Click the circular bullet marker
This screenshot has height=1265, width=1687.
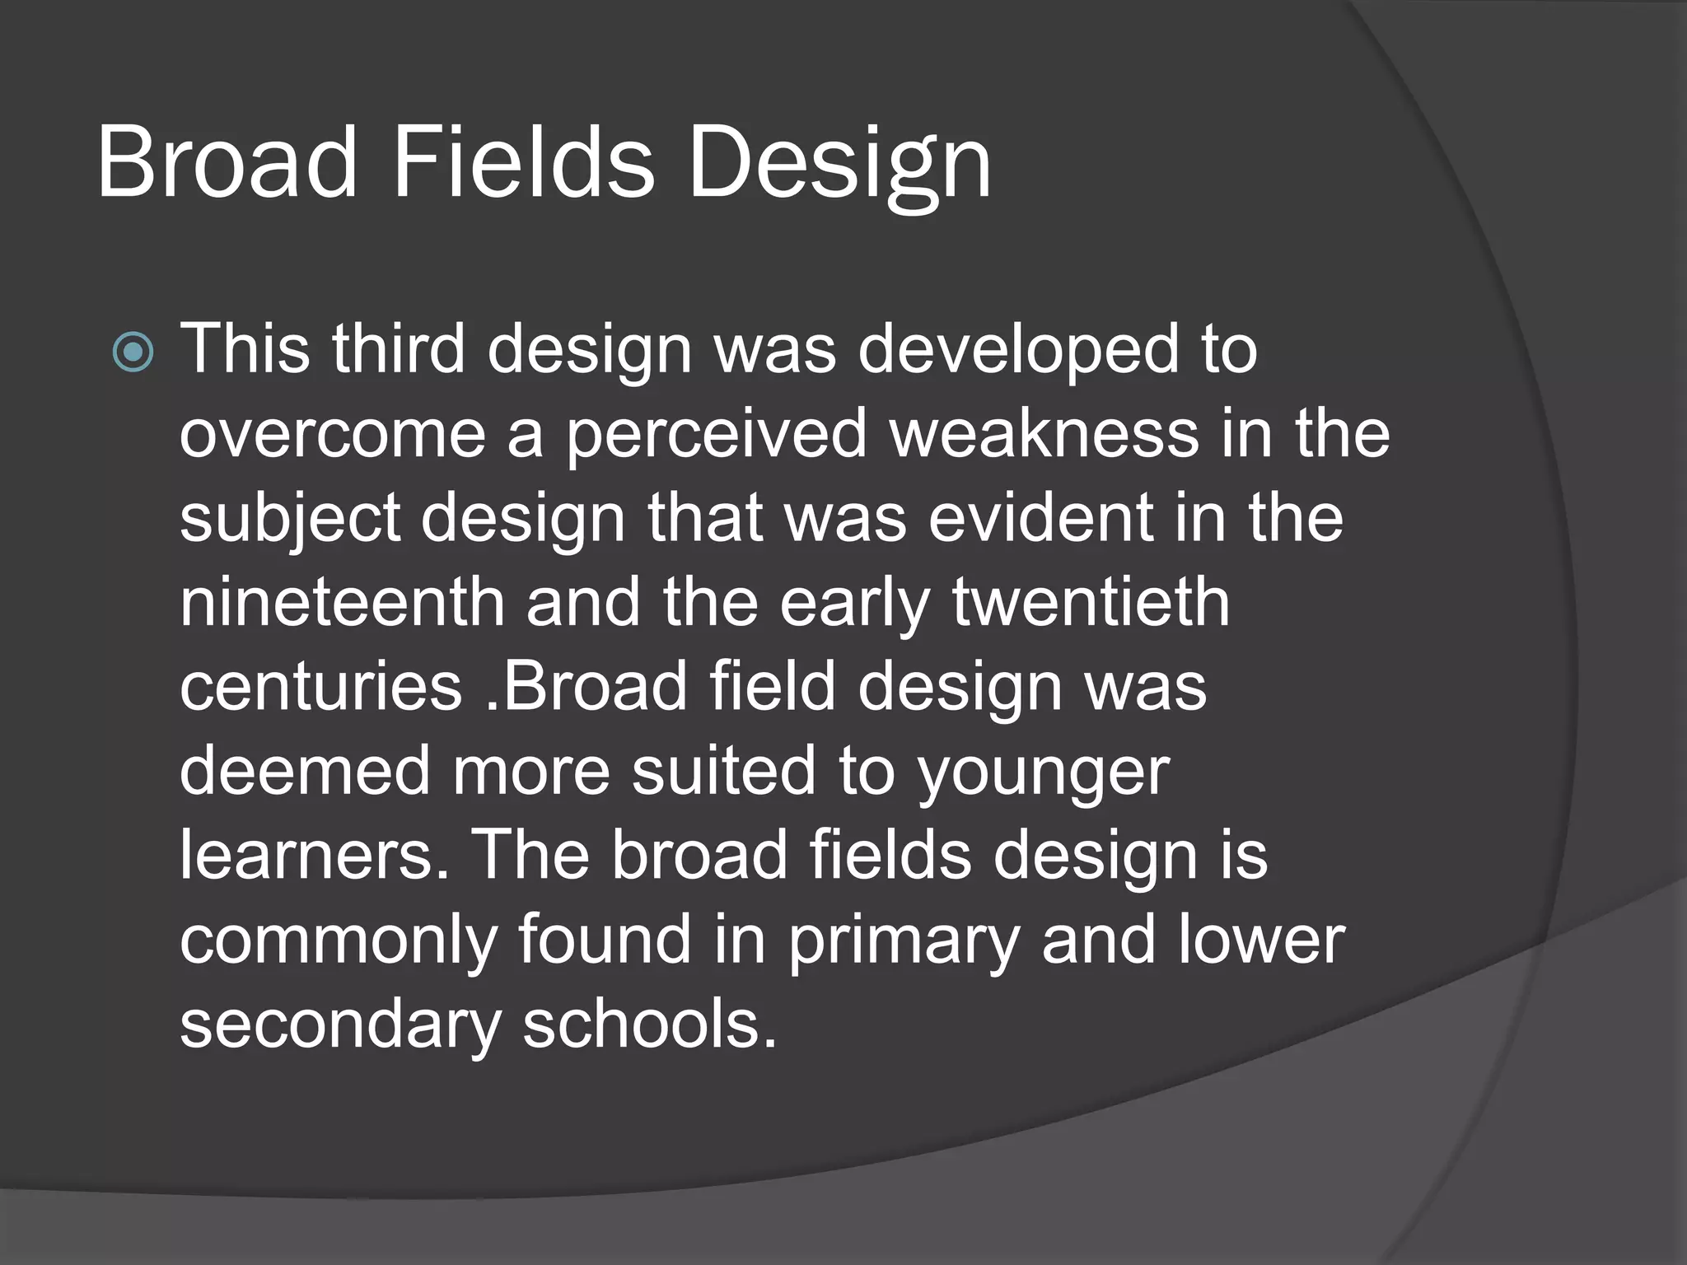click(x=133, y=352)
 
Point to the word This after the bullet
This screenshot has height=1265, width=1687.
click(x=245, y=349)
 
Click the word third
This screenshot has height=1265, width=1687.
click(x=399, y=349)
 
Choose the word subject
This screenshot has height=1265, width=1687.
click(x=290, y=520)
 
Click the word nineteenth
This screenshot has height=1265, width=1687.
click(x=342, y=603)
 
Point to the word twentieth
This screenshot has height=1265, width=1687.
click(x=1091, y=603)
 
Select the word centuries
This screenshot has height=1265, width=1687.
click(x=320, y=688)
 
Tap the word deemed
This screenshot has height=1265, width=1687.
click(x=305, y=772)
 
